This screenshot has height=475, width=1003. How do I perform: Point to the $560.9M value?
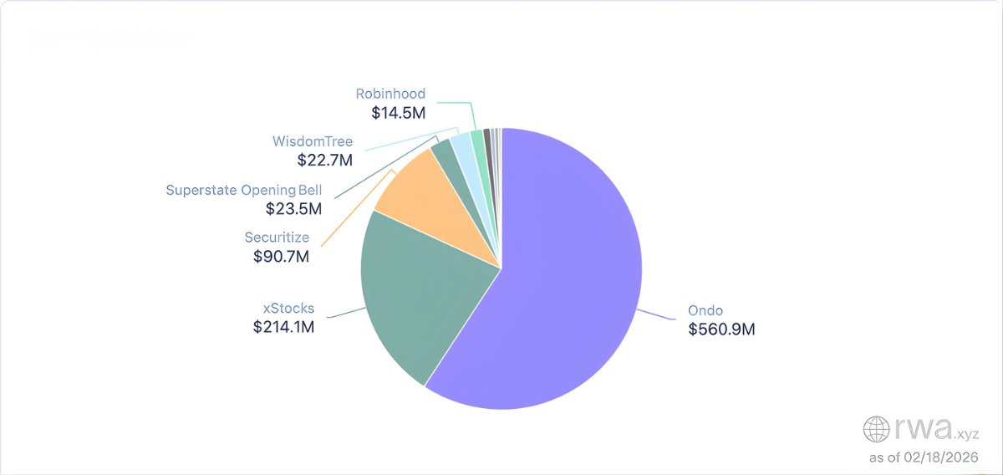pos(721,329)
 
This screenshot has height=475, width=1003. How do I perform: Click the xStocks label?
pos(284,308)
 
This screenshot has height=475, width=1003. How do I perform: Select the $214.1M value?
pos(283,327)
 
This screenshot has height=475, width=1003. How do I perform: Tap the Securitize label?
pos(277,238)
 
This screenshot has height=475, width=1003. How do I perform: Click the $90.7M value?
pos(281,258)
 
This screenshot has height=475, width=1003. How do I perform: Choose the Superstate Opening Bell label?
pos(243,190)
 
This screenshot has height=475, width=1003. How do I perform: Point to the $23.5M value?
pos(293,209)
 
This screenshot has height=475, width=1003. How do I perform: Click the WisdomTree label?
pos(313,141)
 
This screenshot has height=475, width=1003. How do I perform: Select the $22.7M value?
pos(325,160)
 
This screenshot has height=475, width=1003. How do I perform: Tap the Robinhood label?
pos(390,94)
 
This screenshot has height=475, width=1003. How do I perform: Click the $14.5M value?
pos(399,112)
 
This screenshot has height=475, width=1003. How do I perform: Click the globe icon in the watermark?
pos(877,430)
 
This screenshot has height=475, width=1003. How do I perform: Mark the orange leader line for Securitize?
pos(355,209)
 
